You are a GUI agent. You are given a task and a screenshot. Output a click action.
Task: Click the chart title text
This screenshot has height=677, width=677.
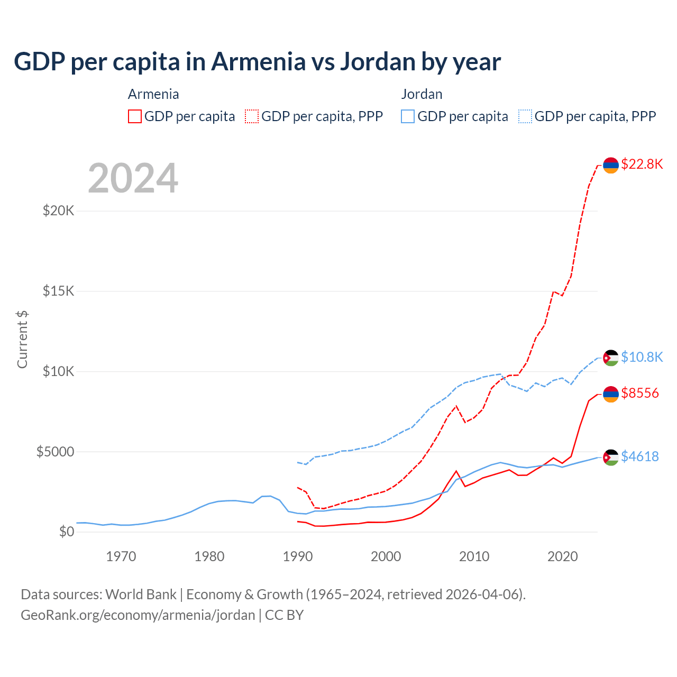point(257,62)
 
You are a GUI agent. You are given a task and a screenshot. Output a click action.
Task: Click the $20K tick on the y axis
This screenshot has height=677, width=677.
point(58,211)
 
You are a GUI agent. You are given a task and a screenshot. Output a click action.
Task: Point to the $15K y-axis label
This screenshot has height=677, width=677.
point(58,291)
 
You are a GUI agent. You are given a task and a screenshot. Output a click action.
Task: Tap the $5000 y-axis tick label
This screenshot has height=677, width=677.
point(55,452)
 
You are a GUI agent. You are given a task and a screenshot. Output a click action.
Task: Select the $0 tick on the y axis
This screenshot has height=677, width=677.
point(66,532)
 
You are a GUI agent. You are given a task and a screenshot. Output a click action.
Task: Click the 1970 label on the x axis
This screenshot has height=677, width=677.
point(121,556)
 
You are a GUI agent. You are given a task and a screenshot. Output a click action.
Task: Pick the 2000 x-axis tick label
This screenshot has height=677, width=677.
point(386,556)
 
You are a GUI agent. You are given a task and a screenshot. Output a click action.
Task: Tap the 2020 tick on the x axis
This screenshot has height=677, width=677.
point(562,556)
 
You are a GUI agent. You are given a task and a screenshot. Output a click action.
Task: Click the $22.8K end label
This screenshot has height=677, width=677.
point(642,164)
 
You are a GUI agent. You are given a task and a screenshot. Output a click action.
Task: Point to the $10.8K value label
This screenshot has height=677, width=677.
point(642,357)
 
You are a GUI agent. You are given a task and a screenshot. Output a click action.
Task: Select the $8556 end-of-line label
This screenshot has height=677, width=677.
point(640,393)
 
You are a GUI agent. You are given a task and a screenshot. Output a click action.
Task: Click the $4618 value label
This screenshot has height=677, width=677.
point(640,456)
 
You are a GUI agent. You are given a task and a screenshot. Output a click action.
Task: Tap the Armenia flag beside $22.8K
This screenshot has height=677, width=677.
point(611,165)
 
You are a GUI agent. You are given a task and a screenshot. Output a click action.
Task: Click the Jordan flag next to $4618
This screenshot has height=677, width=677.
point(611,457)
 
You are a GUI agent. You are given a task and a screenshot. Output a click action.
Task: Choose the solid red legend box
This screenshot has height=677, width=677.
point(135,116)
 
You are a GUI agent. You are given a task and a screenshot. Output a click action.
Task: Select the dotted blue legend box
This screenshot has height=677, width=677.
point(525,116)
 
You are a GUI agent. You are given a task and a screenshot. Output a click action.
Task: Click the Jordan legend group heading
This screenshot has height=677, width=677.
point(422,94)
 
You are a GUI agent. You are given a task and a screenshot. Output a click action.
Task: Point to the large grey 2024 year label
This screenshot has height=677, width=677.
point(133,179)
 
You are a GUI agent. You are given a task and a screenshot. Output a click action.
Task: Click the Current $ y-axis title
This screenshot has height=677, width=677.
point(22,339)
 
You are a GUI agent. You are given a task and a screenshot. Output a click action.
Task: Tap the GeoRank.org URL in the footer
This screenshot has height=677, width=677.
point(138,615)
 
